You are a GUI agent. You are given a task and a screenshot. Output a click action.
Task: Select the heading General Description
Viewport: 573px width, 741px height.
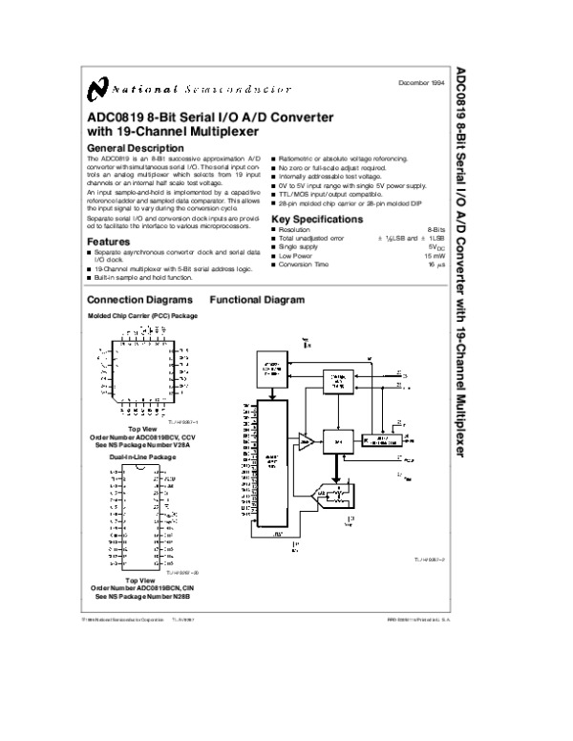(x=135, y=148)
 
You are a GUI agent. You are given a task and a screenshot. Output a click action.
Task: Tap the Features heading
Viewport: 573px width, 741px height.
(x=109, y=242)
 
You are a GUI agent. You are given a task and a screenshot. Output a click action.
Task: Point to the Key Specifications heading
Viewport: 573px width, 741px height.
(x=317, y=219)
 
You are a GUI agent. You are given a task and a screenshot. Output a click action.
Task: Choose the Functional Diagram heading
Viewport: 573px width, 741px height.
(x=257, y=300)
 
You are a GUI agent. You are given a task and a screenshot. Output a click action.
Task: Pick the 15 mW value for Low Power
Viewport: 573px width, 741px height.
(x=435, y=256)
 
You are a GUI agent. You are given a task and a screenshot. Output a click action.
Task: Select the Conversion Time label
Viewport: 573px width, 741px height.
(x=305, y=265)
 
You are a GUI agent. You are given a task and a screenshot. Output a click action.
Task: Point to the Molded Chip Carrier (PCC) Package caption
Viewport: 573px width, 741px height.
(x=142, y=315)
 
